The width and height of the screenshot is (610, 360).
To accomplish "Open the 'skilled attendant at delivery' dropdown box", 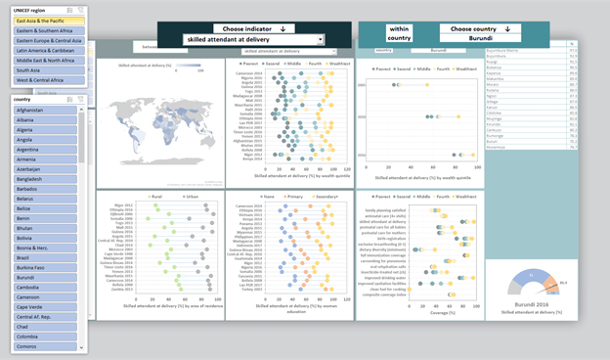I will click(x=253, y=40).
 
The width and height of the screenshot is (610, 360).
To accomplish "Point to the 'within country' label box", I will click(x=399, y=34).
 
